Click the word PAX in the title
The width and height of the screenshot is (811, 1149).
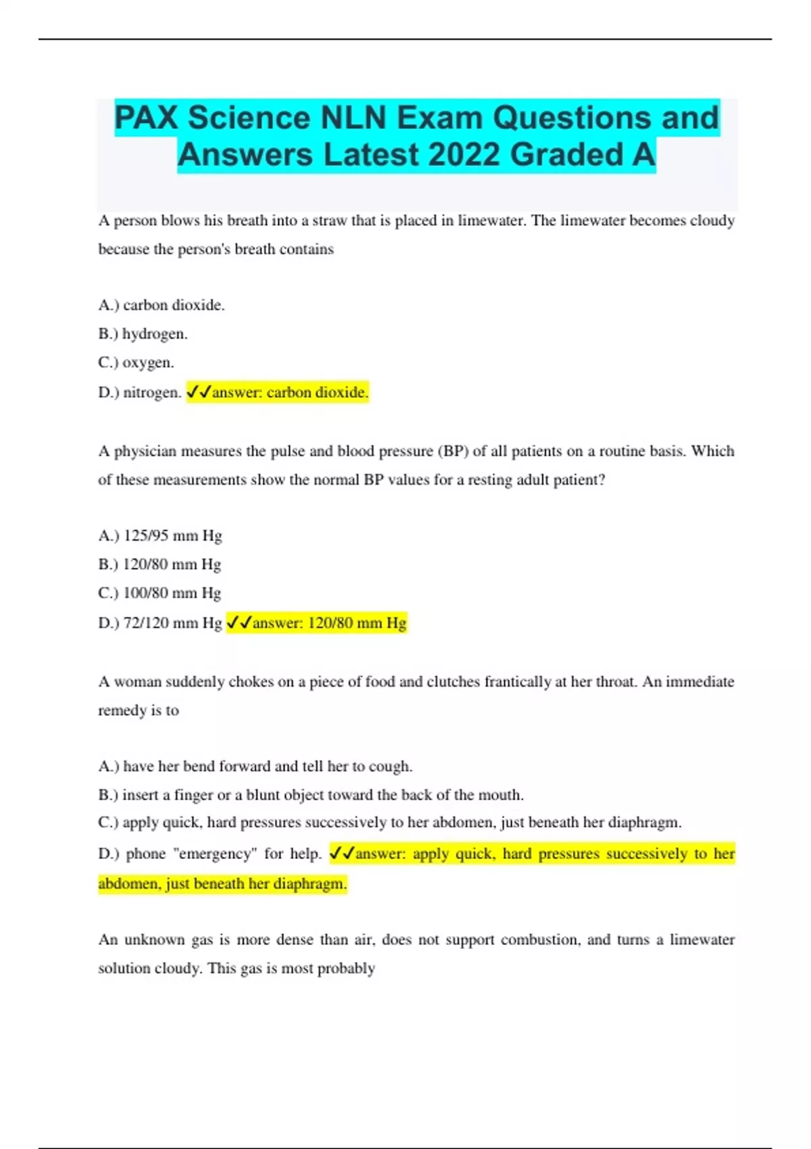coord(145,118)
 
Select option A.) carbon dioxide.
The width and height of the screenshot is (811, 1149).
coord(162,305)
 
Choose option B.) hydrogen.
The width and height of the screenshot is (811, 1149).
coord(143,334)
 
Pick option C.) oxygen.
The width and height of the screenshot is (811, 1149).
coord(136,363)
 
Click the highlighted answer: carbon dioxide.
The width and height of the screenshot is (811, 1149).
coord(290,393)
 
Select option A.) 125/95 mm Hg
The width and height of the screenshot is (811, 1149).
coord(160,536)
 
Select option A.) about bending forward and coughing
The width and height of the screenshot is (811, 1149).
coord(255,766)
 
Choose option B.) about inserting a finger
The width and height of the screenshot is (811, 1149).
coord(311,796)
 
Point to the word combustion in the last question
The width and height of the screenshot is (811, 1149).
coord(540,940)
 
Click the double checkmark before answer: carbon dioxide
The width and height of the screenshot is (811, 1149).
coord(199,392)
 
